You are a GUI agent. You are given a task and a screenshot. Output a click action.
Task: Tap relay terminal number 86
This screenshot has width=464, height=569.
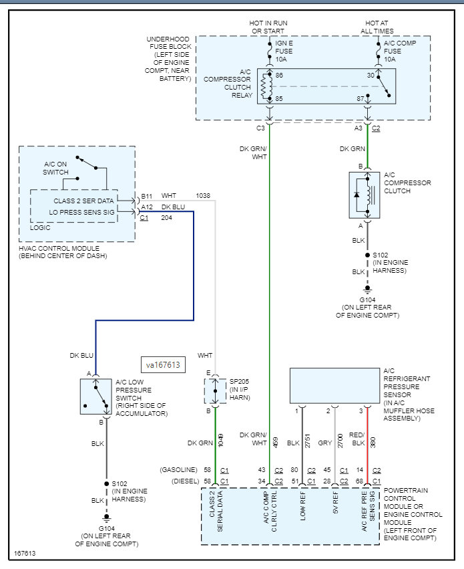279,76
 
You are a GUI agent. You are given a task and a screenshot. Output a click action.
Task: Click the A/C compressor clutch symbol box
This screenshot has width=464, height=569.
365,195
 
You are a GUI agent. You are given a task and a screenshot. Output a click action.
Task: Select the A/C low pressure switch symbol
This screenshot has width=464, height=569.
95,396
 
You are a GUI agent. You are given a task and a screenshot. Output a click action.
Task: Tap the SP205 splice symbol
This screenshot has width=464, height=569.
215,389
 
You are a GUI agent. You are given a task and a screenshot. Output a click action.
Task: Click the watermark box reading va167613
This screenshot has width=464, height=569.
164,365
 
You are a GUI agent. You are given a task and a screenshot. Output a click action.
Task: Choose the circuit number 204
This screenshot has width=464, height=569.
167,218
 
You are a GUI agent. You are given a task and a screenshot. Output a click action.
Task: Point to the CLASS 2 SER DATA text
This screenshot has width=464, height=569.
83,200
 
